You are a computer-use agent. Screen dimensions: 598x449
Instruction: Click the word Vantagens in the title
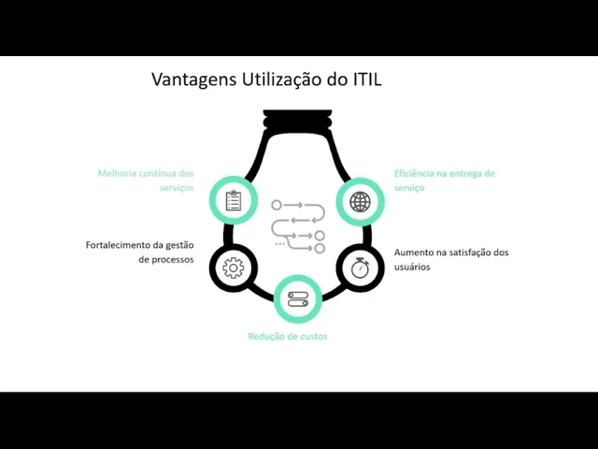click(x=194, y=80)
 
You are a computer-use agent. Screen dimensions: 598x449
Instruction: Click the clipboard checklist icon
click(x=234, y=200)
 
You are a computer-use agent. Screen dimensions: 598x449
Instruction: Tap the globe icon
click(x=360, y=202)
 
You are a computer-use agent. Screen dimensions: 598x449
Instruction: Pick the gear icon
click(x=233, y=268)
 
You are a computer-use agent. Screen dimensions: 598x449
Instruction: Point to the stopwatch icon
click(x=360, y=268)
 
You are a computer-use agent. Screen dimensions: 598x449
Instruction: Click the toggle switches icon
click(x=298, y=299)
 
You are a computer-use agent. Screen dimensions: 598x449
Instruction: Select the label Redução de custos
click(x=288, y=337)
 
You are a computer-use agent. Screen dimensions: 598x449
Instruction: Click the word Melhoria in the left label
click(x=117, y=173)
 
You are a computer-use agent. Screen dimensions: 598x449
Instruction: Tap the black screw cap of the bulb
click(x=297, y=119)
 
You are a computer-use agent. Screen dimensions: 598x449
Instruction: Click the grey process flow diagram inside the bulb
click(x=298, y=226)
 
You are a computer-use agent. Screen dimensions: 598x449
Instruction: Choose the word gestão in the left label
click(x=179, y=245)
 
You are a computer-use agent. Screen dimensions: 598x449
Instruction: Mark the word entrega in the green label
click(x=465, y=174)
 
